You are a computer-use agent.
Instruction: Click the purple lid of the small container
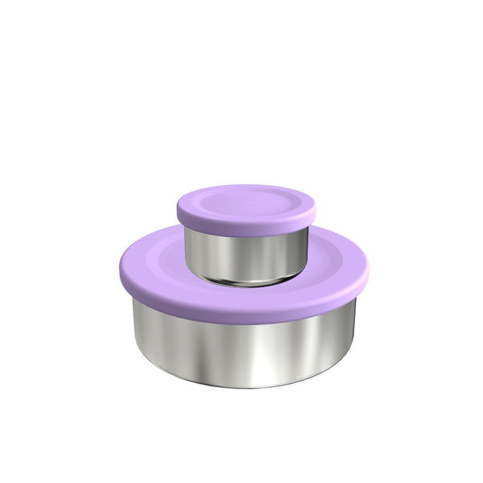point(246,205)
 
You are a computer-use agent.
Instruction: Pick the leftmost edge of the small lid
point(177,207)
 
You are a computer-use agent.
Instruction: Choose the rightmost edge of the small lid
point(315,207)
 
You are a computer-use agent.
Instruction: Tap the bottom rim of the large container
point(242,383)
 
